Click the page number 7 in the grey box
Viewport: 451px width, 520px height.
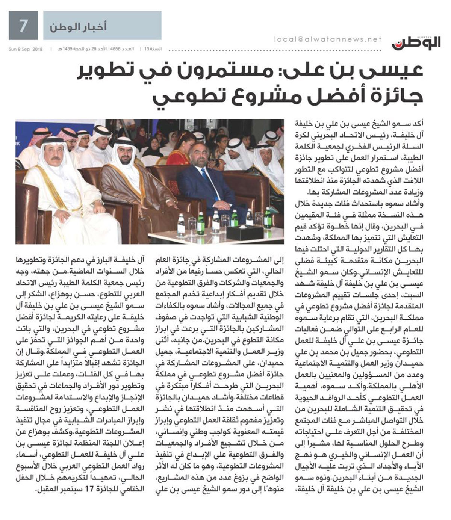point(23,25)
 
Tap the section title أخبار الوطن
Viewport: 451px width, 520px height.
point(78,27)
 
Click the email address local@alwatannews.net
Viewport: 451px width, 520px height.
point(328,39)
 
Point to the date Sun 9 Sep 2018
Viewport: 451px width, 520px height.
point(26,49)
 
